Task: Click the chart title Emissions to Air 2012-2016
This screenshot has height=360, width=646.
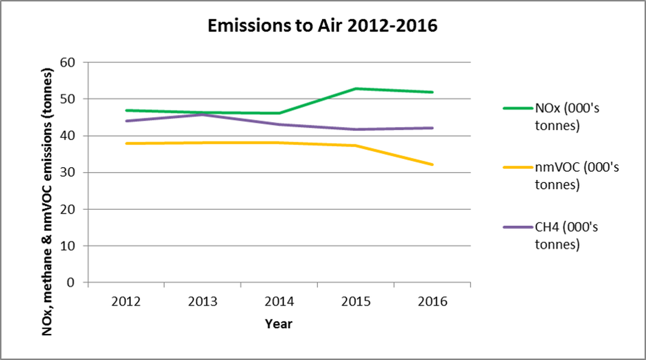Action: tap(322, 26)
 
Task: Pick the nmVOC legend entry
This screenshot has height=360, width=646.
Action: tap(576, 176)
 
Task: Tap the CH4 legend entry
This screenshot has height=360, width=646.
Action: tap(568, 235)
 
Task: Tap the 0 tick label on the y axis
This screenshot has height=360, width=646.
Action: tap(70, 283)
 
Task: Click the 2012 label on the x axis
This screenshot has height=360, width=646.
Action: tap(126, 302)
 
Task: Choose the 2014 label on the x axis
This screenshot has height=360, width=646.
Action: tap(279, 302)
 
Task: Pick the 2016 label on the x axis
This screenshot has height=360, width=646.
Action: tap(432, 302)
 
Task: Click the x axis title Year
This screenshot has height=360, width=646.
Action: tap(278, 324)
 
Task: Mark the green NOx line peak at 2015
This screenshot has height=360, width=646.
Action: tap(356, 88)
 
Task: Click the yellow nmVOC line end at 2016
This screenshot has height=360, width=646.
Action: tap(432, 165)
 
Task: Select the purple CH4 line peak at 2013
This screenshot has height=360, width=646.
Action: tap(203, 114)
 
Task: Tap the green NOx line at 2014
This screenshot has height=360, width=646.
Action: tap(279, 113)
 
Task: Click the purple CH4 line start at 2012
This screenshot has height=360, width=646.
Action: tap(126, 121)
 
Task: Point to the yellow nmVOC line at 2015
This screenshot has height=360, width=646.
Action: tap(356, 145)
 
